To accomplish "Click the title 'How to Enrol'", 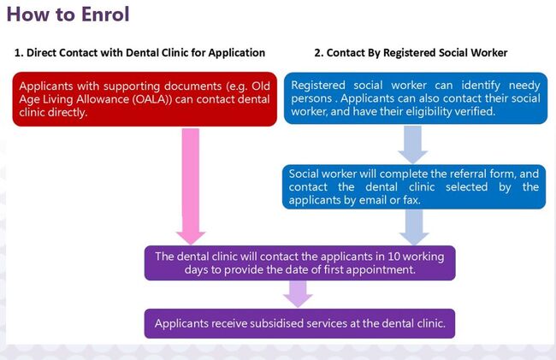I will (68, 16).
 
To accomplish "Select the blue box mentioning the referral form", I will (414, 186).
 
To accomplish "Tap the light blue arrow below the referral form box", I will (413, 227).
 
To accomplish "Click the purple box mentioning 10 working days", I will (299, 263).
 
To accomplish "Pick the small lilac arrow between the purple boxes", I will (297, 293).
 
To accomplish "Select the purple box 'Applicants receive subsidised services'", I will (299, 323).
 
